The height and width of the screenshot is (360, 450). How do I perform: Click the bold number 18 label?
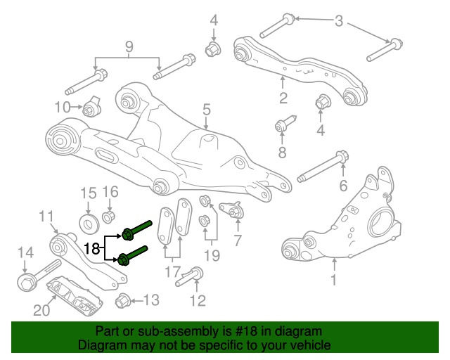92,247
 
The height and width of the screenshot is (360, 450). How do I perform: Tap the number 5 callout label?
207,109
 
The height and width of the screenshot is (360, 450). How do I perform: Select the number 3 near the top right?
340,22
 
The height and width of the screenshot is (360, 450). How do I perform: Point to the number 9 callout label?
129,48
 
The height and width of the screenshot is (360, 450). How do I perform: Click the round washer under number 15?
89,224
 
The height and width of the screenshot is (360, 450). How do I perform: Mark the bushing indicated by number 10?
91,109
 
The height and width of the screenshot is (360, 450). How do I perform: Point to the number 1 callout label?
334,279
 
